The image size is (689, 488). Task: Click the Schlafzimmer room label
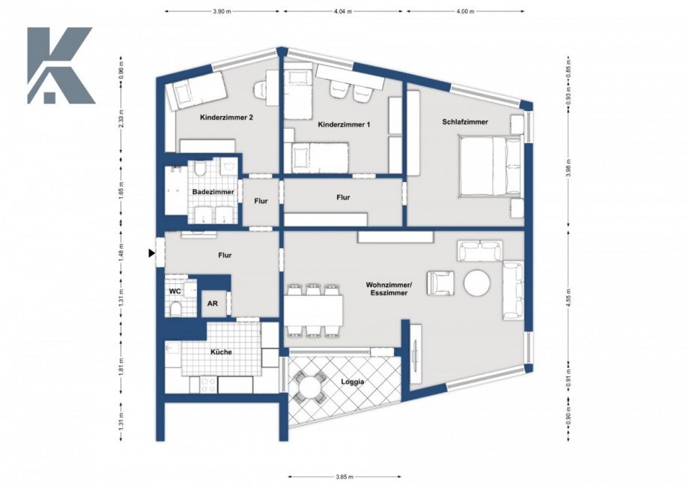(464, 121)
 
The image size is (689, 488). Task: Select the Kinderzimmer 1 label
(344, 124)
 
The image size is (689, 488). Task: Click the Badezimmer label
(213, 192)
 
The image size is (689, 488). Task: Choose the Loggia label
(352, 382)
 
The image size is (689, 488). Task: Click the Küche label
(220, 352)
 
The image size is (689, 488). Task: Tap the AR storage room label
(213, 304)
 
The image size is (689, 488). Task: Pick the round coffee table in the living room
(477, 283)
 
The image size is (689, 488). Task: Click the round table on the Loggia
(307, 388)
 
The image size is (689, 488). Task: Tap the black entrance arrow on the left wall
(152, 254)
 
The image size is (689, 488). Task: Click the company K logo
(60, 66)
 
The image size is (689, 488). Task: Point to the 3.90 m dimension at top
(222, 12)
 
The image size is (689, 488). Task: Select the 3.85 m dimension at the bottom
(344, 477)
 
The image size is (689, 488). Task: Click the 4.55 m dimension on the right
(568, 291)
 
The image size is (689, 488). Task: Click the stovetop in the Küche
(207, 384)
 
